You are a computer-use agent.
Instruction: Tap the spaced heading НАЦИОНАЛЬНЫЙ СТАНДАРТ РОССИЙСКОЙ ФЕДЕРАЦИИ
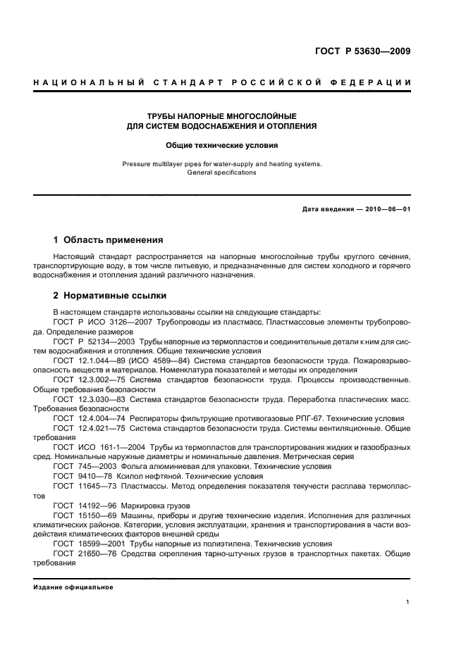(x=222, y=83)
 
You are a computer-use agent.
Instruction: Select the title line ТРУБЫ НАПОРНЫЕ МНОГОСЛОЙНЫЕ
(x=222, y=115)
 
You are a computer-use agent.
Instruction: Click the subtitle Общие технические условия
(x=222, y=146)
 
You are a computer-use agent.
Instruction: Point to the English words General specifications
(x=222, y=172)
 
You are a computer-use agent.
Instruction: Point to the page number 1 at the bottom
(x=407, y=602)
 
